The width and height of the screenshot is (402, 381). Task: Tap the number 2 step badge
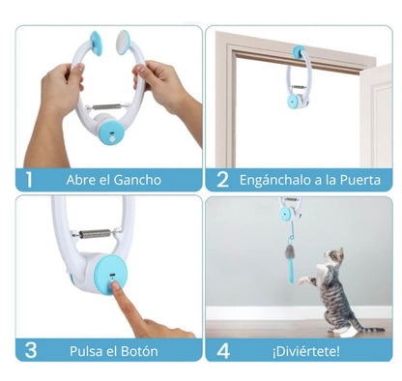(223, 180)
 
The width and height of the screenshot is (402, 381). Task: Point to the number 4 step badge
(223, 349)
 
